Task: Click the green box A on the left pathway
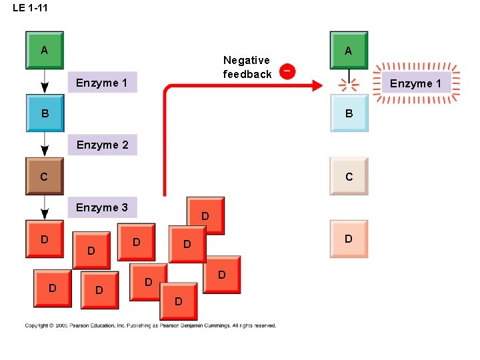[45, 50]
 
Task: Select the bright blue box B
[45, 113]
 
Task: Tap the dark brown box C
[45, 177]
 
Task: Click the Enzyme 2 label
[102, 145]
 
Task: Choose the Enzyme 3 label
[102, 207]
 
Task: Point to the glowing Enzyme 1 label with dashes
[416, 83]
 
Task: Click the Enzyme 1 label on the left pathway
[102, 83]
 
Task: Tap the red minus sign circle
[287, 71]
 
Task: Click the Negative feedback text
[247, 67]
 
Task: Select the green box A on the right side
[349, 50]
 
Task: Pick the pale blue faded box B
[349, 113]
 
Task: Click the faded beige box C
[349, 177]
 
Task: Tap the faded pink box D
[349, 239]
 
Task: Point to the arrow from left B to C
[45, 144]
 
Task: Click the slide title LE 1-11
[30, 8]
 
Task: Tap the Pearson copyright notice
[151, 325]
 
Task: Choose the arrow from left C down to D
[45, 207]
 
